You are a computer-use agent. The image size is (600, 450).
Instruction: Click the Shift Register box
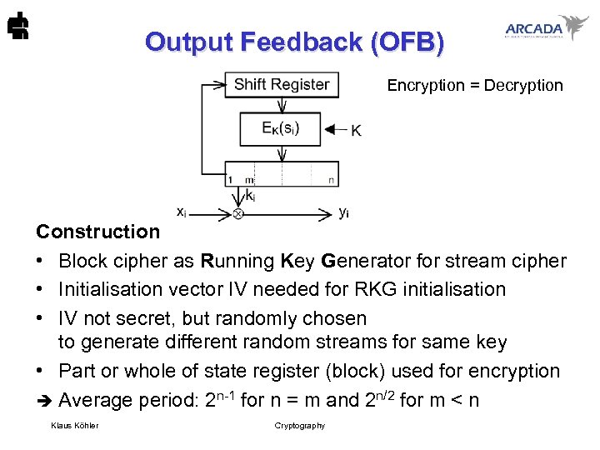tap(281, 84)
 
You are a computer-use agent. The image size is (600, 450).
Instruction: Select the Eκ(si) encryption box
tap(280, 128)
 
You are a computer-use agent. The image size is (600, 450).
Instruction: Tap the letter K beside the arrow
tap(356, 130)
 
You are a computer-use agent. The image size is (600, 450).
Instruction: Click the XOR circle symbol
tap(237, 214)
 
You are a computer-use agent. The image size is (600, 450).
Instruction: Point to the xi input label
tap(181, 212)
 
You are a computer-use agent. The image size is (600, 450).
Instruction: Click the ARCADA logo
tap(546, 28)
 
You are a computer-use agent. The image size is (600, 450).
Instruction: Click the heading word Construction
tap(97, 232)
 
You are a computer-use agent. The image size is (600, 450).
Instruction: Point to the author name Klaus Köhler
tap(74, 426)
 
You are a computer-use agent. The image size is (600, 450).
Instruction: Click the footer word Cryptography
tap(300, 426)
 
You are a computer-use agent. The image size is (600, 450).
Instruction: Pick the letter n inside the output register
tap(331, 179)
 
